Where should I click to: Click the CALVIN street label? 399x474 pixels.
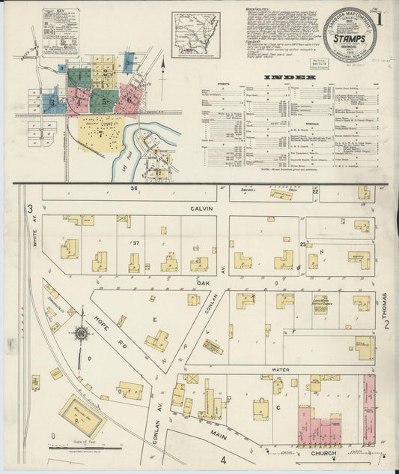pyautogui.click(x=201, y=208)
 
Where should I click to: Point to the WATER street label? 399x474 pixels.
pyautogui.click(x=280, y=370)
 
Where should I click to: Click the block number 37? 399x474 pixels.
pyautogui.click(x=136, y=243)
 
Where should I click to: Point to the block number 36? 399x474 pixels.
pyautogui.click(x=134, y=188)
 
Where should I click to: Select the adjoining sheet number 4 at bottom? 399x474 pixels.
pyautogui.click(x=222, y=459)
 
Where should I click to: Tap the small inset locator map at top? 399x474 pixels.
pyautogui.click(x=195, y=34)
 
